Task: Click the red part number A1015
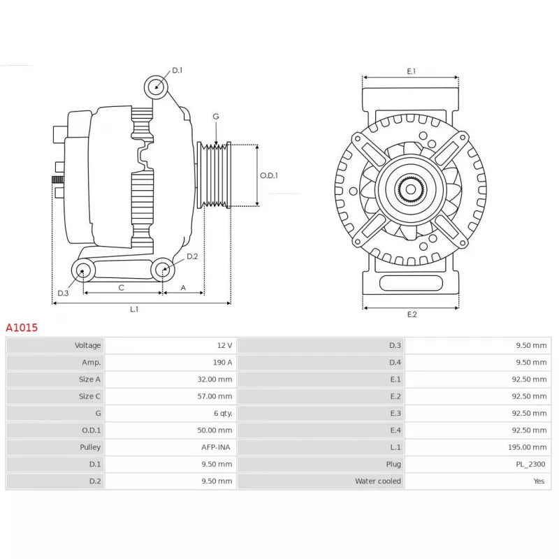click(22, 328)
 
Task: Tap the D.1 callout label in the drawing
click(177, 71)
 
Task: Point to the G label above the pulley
click(216, 116)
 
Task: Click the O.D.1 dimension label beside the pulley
click(269, 175)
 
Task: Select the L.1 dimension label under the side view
click(134, 309)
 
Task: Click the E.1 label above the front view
click(412, 71)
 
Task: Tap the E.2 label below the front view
click(412, 314)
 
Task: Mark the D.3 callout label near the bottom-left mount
click(63, 293)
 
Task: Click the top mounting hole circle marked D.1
click(156, 87)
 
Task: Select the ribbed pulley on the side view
click(214, 175)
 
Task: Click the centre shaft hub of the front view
click(411, 189)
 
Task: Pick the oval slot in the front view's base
click(411, 284)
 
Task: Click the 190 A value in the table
click(222, 363)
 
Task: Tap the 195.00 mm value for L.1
click(528, 447)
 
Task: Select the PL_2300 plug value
click(530, 464)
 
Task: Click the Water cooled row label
click(378, 481)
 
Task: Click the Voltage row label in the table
click(88, 345)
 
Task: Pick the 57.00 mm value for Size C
click(215, 396)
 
